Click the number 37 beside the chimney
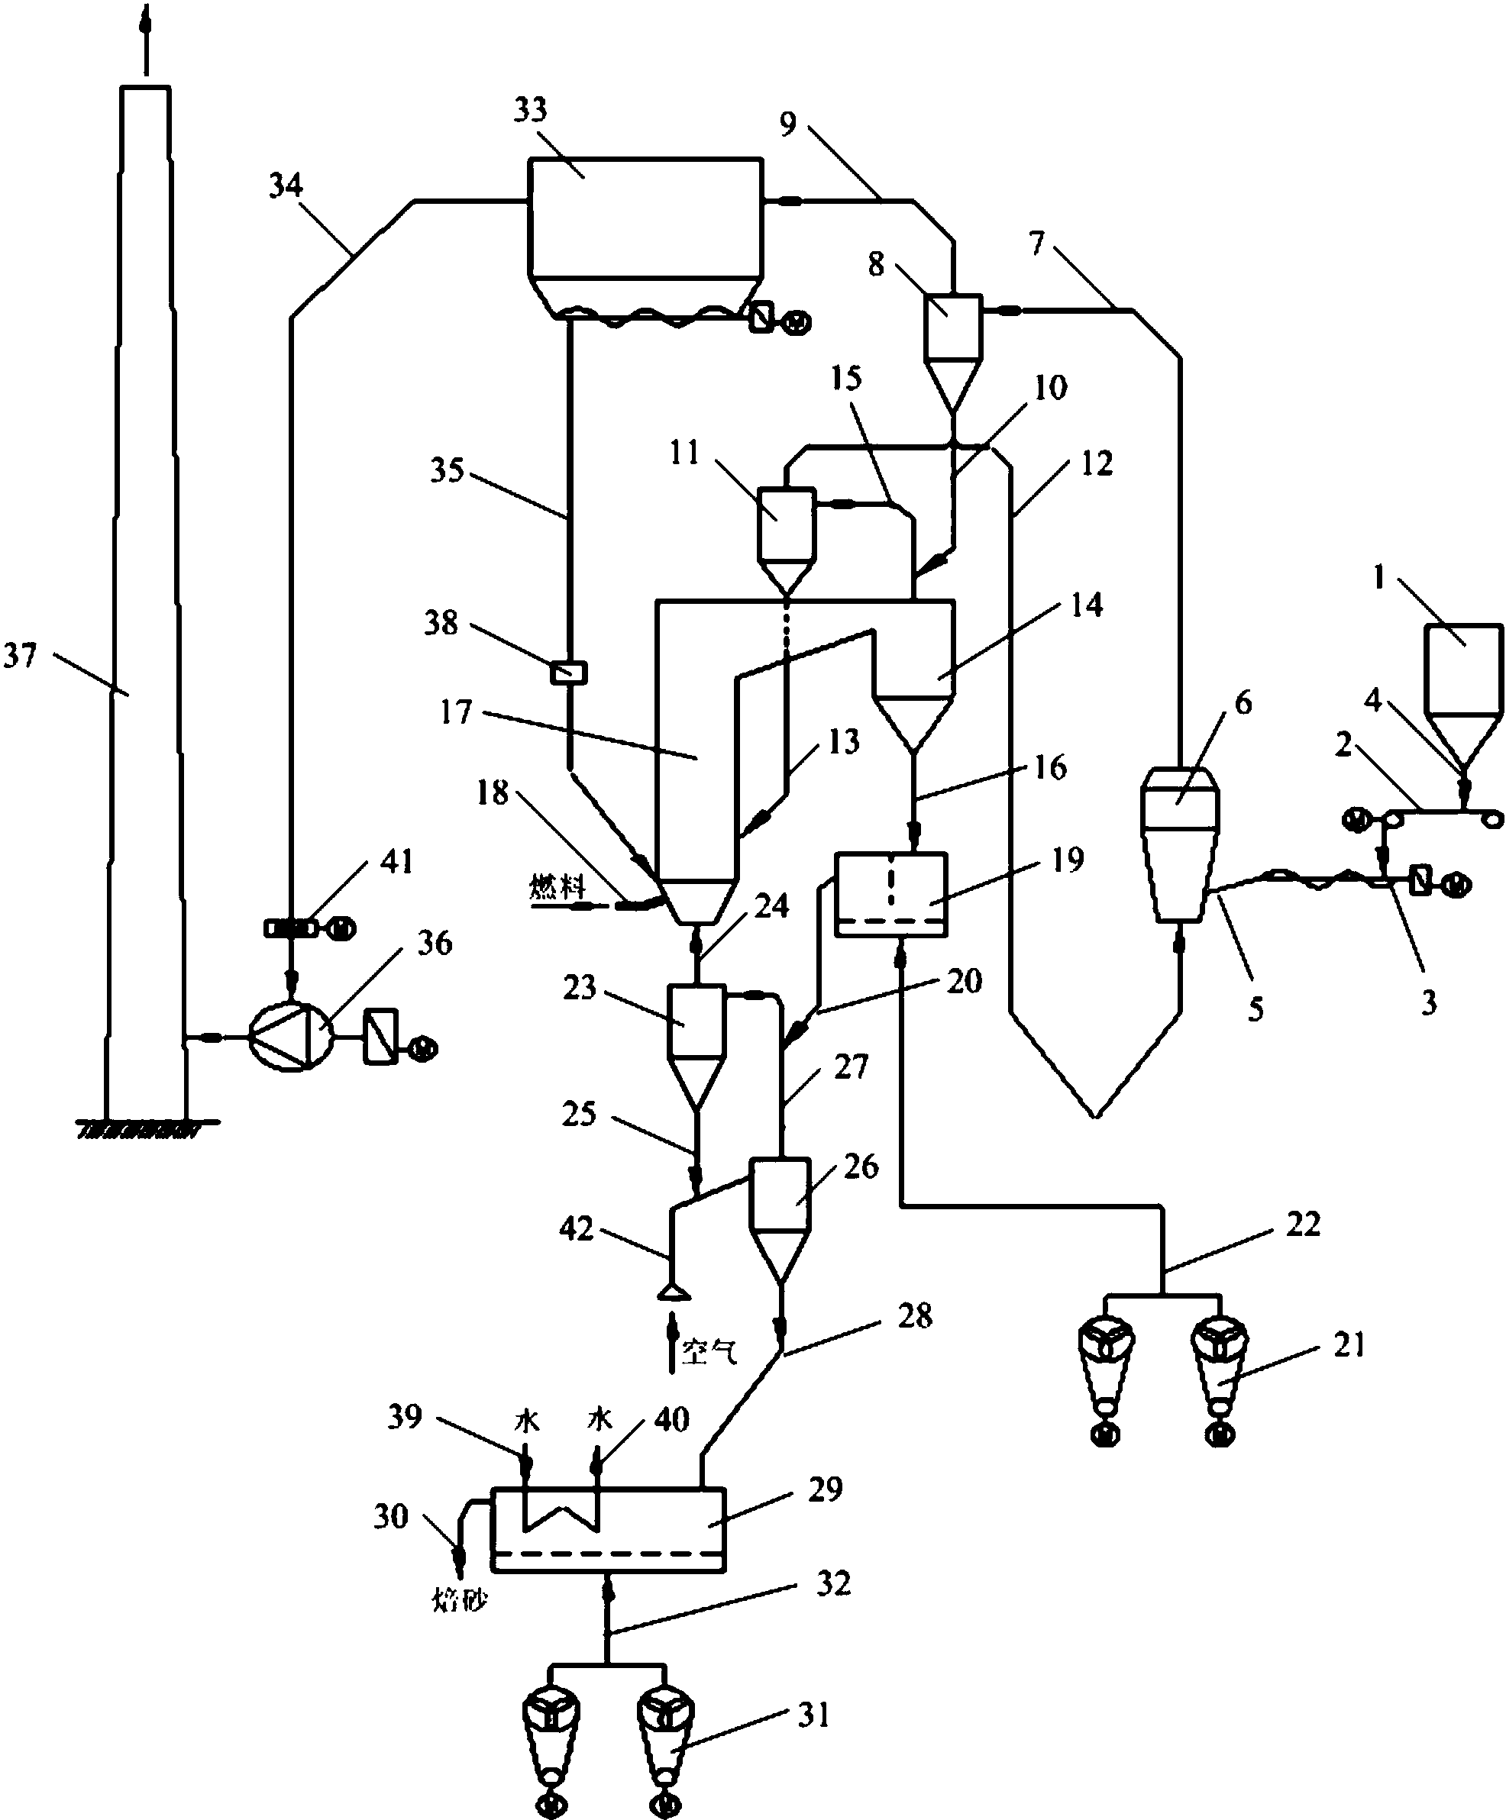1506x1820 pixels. point(20,656)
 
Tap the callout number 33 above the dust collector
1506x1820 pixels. point(531,110)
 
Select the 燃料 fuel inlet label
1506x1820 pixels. point(557,886)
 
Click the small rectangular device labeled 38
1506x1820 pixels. point(569,672)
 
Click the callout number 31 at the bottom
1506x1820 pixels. point(813,1715)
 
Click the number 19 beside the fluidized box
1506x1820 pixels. point(1068,859)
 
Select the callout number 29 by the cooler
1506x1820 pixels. point(825,1489)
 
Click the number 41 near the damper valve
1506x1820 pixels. point(397,861)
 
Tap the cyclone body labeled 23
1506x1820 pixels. point(696,1019)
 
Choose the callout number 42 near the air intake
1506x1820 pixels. point(577,1228)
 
